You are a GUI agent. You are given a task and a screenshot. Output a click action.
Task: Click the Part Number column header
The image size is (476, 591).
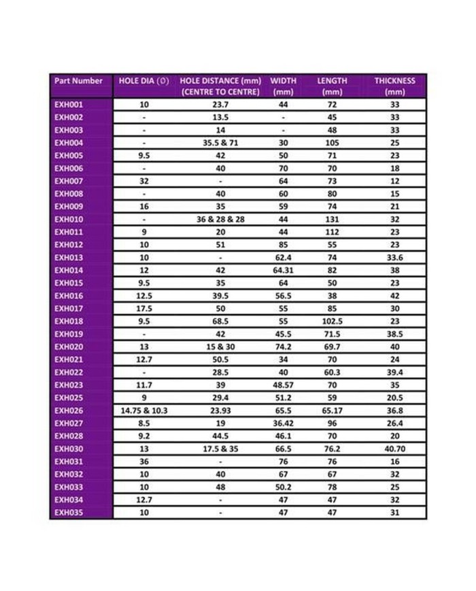(78, 81)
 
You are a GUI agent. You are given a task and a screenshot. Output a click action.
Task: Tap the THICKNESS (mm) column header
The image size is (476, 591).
(394, 86)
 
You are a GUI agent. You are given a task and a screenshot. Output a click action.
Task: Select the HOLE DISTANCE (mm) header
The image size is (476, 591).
(220, 86)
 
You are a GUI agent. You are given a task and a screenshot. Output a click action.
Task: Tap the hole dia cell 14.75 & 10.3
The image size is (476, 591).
(144, 411)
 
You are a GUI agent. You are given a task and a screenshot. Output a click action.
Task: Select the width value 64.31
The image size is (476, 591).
(283, 271)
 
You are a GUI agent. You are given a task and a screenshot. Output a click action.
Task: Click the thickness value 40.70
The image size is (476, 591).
(394, 449)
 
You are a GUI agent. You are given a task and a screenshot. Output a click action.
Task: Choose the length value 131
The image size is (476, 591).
(332, 220)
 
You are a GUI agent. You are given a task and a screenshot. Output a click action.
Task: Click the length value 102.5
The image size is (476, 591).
(332, 322)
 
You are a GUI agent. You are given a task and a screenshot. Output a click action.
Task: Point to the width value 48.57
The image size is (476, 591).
(283, 385)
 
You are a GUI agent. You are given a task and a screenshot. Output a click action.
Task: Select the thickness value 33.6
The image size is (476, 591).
(394, 258)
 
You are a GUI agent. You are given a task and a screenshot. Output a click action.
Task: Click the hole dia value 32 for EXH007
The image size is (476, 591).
(144, 182)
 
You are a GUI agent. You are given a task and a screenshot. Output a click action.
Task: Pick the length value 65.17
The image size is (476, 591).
(332, 411)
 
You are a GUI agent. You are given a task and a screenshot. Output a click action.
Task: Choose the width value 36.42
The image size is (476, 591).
(283, 423)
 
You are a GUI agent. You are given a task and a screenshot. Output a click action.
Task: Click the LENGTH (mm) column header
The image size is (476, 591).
(332, 86)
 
